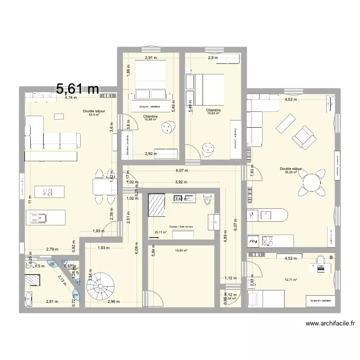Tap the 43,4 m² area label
tap(94, 115)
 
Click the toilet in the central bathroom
tap(207, 200)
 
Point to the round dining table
tap(311, 182)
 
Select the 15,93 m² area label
tap(214, 113)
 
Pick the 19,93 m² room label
tap(181, 250)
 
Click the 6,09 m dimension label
tap(137, 250)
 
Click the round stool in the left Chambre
tap(168, 128)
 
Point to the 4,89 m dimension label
tap(225, 239)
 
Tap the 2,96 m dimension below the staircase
tap(113, 301)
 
